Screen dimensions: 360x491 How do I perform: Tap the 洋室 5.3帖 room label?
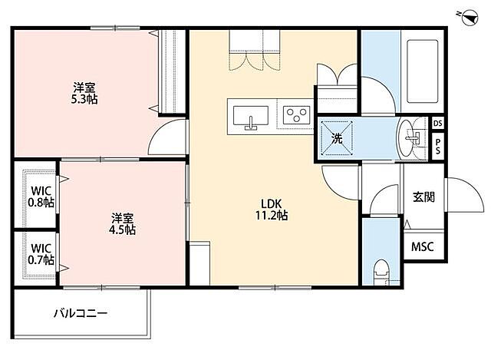[85, 93]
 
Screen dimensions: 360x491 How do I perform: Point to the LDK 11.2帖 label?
[273, 210]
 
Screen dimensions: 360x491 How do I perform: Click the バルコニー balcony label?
[81, 313]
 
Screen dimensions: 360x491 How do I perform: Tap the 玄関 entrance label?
[423, 197]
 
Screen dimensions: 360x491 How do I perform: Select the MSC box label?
[423, 247]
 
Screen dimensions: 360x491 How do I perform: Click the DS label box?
[438, 124]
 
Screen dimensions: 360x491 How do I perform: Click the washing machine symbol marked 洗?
[337, 138]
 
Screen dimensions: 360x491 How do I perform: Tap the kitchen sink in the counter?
[250, 117]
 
